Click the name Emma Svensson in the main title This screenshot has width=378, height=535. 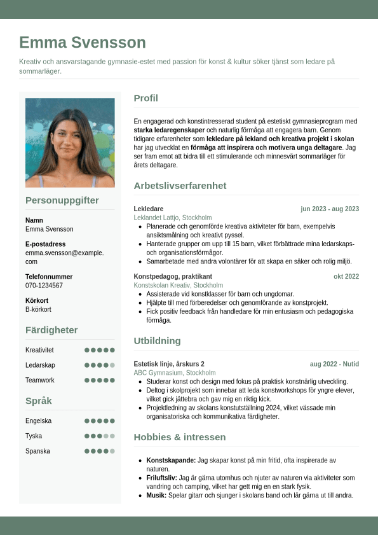[83, 43]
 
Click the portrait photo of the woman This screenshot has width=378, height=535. [70, 142]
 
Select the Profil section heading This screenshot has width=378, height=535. [145, 98]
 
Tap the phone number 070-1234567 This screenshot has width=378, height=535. [44, 286]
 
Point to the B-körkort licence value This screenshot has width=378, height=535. [38, 309]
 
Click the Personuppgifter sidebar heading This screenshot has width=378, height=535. [62, 200]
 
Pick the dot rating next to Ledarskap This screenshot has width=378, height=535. [100, 365]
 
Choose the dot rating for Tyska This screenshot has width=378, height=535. [100, 436]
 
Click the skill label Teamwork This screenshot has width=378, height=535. [40, 380]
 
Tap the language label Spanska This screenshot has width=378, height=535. [38, 451]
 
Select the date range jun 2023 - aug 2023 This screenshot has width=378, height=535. [330, 209]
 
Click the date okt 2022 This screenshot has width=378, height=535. [346, 276]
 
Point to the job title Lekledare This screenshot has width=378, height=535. [149, 209]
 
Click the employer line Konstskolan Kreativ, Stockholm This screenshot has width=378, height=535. [179, 286]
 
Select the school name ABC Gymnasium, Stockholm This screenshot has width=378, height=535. [175, 373]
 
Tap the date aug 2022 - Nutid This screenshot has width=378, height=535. [334, 364]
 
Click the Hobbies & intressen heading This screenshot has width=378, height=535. [180, 437]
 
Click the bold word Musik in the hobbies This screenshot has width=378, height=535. [155, 496]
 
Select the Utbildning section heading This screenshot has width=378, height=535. [157, 340]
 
